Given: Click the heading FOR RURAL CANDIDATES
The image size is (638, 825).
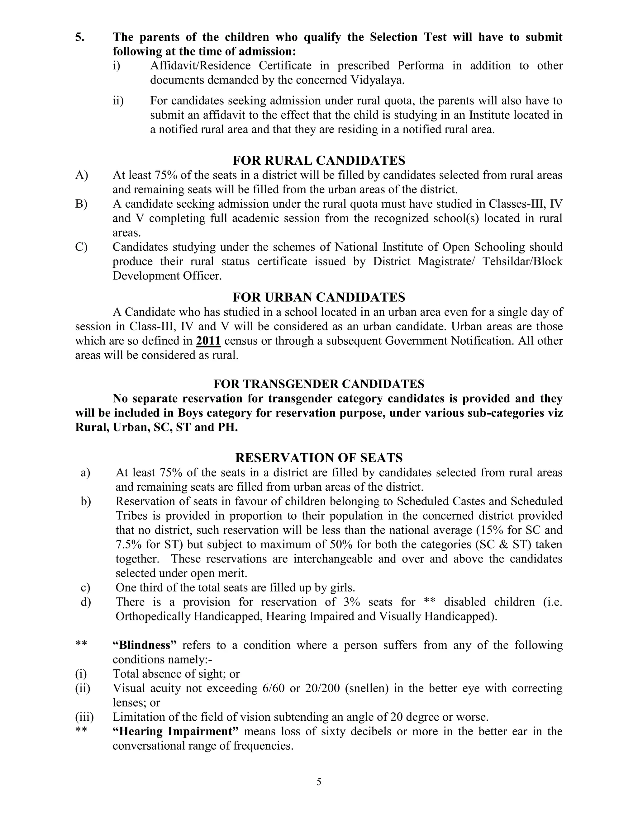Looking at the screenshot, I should pos(319,161).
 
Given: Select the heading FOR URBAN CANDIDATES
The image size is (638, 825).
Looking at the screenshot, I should pos(319,297).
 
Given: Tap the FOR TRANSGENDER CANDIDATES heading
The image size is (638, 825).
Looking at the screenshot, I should pos(319,384).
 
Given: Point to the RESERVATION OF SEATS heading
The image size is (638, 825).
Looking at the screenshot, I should pos(319,458).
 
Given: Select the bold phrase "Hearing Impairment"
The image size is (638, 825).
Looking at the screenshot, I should pos(175,731).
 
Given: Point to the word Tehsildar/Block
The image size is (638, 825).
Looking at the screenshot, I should pos(522,262).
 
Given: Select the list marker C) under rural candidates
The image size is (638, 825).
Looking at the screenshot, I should pos(81,247).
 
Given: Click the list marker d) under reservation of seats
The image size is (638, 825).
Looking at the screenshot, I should pos(86,602).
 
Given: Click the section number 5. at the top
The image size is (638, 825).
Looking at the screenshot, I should pos(80,37).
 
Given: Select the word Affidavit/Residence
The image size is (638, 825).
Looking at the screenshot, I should pos(200,66).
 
